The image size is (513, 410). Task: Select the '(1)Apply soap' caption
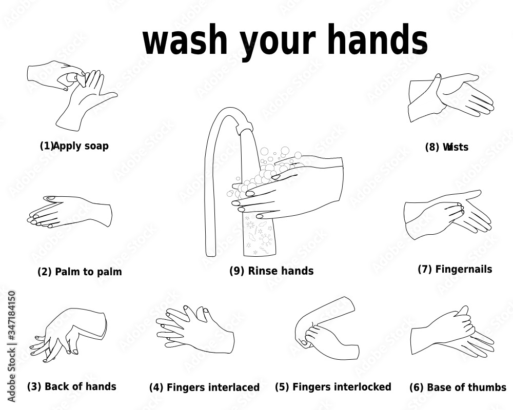[x=74, y=146]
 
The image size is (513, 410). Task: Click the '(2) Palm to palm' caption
[x=80, y=272]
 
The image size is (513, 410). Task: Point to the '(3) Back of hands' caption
[x=72, y=386]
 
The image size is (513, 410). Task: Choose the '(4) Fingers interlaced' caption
[x=204, y=387]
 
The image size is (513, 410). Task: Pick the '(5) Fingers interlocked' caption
[x=333, y=387]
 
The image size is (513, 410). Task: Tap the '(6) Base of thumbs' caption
[x=458, y=387]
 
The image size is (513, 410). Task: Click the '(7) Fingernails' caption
[x=455, y=270]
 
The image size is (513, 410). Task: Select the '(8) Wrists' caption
[x=446, y=148]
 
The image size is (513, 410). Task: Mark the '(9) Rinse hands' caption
[x=271, y=271]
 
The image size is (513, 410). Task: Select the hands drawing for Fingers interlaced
[x=195, y=331]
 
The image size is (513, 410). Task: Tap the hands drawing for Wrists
[x=449, y=97]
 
